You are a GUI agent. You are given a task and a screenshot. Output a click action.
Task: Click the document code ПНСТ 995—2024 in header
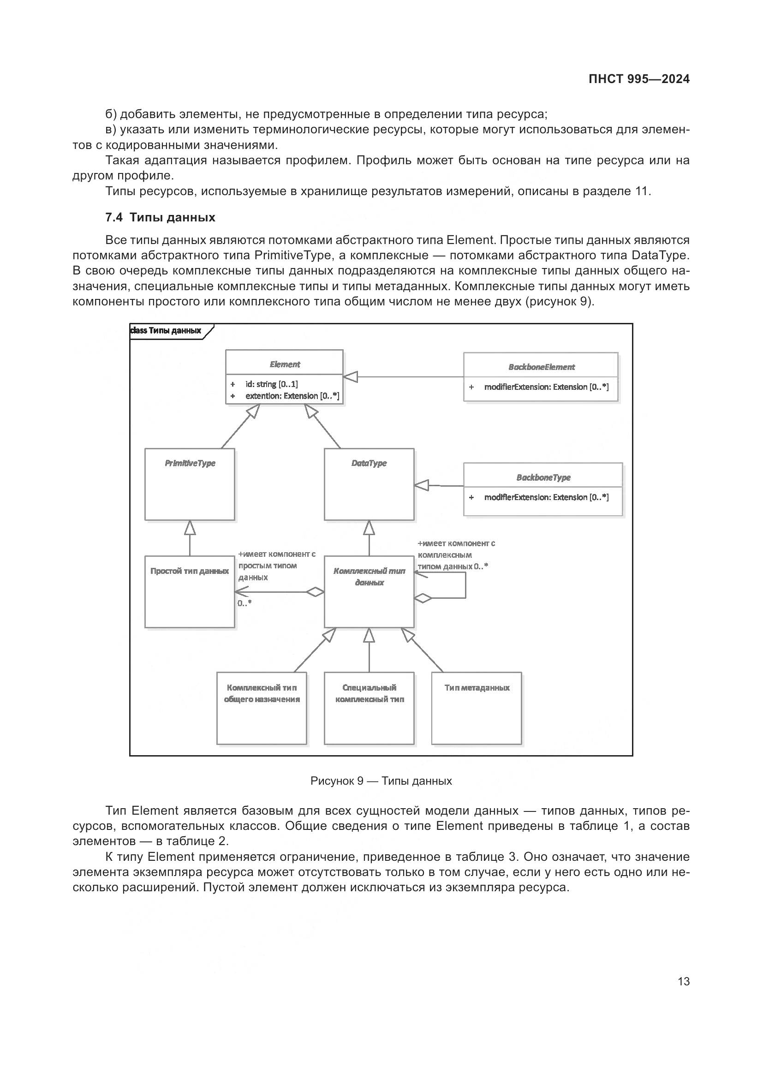coord(638,79)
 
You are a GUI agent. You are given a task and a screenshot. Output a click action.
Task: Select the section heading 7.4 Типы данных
coord(160,217)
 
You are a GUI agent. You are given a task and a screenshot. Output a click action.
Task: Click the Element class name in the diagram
coord(284,364)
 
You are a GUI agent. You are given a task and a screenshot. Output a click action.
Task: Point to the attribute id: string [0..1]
coord(271,384)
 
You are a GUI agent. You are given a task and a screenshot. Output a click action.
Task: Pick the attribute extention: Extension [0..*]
coord(292,396)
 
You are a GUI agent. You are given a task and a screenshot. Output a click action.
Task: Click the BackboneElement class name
coord(541,367)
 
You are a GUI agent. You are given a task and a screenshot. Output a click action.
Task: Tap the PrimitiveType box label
coord(190,463)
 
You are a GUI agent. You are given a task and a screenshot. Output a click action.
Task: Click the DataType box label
coord(369,463)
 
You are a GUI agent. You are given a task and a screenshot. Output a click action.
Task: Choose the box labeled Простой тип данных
coord(189,571)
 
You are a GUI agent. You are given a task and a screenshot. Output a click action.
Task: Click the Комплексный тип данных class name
coord(369,577)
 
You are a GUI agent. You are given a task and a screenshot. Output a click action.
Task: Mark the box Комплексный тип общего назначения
coord(262,693)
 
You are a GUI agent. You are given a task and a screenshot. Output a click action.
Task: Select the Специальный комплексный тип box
coord(369,693)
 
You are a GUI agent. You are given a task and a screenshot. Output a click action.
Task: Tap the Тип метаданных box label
coord(477,687)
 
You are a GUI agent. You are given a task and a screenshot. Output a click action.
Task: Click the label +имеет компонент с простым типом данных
coord(276,566)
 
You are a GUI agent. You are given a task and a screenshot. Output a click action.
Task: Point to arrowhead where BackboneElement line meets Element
coord(350,377)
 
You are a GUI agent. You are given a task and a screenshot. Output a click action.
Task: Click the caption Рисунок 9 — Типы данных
coord(381,781)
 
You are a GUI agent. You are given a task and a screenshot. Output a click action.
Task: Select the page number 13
coord(684,981)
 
